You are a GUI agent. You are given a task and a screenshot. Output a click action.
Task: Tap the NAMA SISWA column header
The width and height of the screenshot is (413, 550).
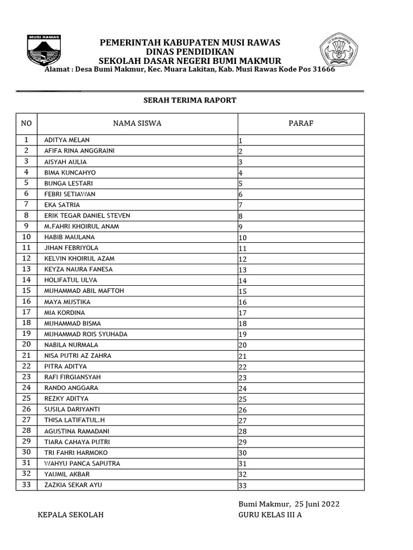pos(137,124)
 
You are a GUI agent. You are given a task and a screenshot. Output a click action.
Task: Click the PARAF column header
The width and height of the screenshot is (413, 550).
pos(301,124)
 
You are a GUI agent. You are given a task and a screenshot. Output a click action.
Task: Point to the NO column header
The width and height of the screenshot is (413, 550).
pos(26,124)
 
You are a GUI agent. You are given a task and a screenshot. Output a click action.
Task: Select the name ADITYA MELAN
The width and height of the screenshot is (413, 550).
pos(67,140)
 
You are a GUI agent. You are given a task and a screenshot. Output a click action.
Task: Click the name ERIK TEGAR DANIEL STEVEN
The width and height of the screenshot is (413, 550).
pos(87,215)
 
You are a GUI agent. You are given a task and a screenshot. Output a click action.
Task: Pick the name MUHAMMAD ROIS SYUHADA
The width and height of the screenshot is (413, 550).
pos(86,334)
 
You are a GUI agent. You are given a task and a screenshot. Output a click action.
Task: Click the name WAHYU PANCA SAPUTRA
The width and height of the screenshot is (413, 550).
pos(82,464)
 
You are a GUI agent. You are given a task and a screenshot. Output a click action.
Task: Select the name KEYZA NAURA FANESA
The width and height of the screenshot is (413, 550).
pos(79,269)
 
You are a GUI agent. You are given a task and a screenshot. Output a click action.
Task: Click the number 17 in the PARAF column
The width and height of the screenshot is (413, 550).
pos(243,313)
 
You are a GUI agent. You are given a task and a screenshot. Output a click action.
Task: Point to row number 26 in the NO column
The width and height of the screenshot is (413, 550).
pos(26,409)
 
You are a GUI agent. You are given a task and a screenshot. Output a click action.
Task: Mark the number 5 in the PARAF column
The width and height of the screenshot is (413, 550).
pos(241,184)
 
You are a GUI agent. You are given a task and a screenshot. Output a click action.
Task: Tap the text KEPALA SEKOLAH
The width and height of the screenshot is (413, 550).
pos(70,515)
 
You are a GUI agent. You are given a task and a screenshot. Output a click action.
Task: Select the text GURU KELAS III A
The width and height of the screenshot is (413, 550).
pos(270,515)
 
